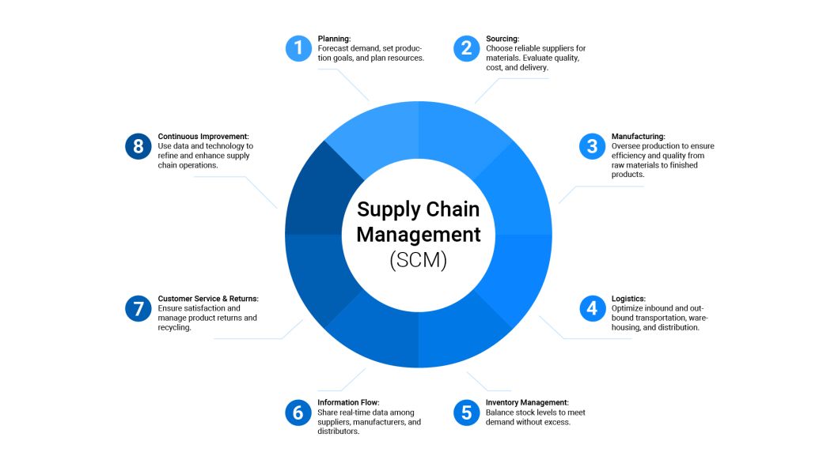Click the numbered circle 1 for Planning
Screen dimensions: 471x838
click(x=298, y=48)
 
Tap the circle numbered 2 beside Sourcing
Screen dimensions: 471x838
click(x=466, y=48)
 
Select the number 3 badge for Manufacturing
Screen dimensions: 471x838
click(x=592, y=146)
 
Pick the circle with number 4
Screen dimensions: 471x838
click(x=592, y=308)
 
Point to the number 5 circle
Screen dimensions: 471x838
click(x=466, y=413)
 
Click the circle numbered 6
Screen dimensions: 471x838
click(x=298, y=413)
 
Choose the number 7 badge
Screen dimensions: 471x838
click(x=138, y=308)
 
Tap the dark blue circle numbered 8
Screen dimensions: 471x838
click(x=138, y=146)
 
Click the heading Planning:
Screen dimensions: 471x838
click(x=334, y=38)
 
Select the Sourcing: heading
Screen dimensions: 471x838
click(x=502, y=38)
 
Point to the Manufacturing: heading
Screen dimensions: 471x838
click(x=638, y=136)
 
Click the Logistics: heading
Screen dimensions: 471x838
click(x=628, y=299)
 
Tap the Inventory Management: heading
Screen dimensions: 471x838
click(x=527, y=402)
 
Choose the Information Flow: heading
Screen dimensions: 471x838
click(x=348, y=402)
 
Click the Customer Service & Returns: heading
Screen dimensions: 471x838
click(x=208, y=299)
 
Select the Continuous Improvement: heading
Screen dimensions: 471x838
click(x=203, y=136)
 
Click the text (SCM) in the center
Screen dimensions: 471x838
click(x=418, y=261)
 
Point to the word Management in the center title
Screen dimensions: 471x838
click(x=418, y=235)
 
